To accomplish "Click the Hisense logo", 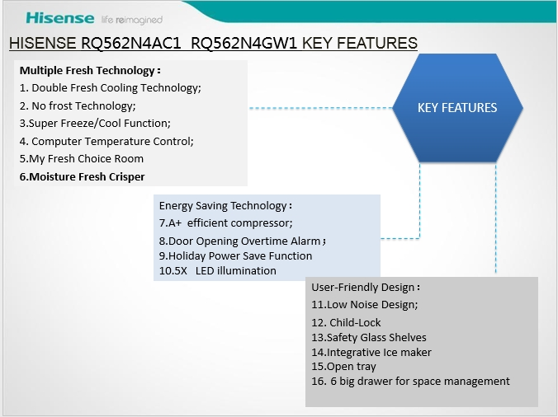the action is tap(60, 18).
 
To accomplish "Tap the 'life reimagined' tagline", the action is tap(132, 20).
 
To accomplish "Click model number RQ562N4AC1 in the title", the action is tap(131, 44).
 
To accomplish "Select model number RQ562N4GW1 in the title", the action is tap(244, 44).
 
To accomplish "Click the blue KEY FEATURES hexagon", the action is tap(457, 108).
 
